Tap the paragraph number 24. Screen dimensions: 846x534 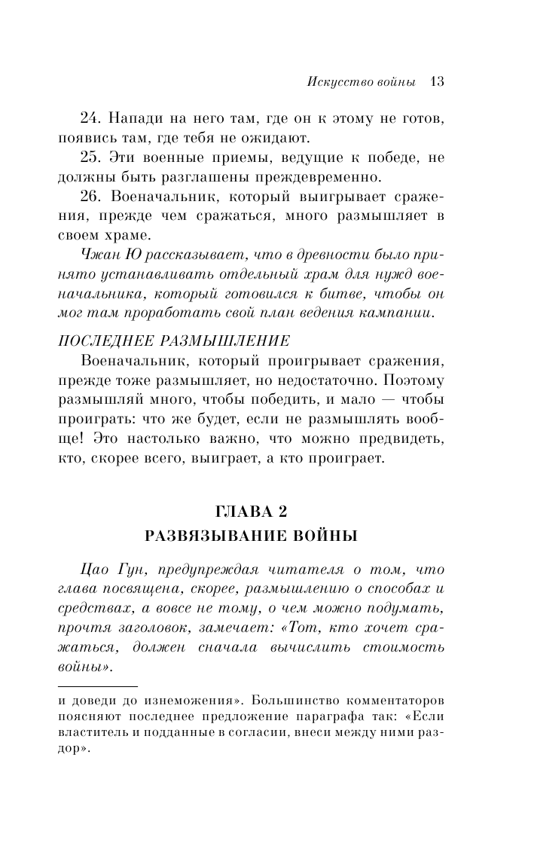pos(90,119)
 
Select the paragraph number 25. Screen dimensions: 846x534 pos(90,158)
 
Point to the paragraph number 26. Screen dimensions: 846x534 pos(90,197)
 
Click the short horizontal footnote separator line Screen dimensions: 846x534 pos(98,686)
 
